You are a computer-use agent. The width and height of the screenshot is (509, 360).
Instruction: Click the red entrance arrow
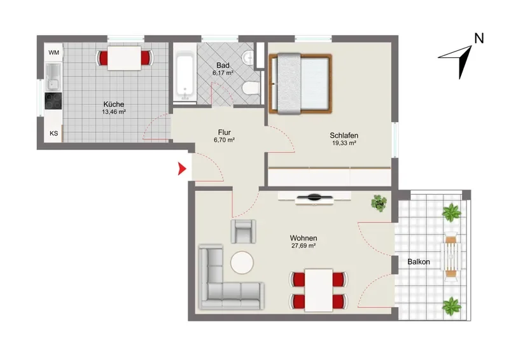point(182,169)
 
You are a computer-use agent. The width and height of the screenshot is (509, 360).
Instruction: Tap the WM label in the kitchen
point(54,52)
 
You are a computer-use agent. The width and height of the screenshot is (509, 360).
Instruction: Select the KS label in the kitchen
point(54,133)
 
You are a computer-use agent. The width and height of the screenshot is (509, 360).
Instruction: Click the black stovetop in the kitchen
point(53,101)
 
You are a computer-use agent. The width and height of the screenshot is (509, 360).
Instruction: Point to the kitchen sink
point(53,76)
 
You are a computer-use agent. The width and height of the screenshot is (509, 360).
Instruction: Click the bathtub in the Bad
point(185,77)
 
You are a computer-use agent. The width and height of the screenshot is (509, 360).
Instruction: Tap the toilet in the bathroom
point(251,88)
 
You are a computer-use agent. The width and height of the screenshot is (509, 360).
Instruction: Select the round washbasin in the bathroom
point(249,58)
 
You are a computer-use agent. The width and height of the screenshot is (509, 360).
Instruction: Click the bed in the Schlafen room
point(300,84)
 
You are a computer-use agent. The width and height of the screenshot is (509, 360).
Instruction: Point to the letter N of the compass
point(479,38)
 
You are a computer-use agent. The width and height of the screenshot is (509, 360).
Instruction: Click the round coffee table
point(242,263)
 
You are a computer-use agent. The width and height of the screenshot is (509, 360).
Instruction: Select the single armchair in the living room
point(244,232)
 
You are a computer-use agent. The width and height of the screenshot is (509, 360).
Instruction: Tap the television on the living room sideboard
point(314,197)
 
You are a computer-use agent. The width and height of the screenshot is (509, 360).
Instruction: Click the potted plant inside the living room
point(379,203)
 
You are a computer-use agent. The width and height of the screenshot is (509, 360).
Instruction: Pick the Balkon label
point(419,261)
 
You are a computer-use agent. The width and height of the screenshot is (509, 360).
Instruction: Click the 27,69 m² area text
point(303,246)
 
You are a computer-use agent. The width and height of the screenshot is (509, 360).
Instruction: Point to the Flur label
point(225,132)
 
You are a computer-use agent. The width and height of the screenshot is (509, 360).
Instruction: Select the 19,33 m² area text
point(344,143)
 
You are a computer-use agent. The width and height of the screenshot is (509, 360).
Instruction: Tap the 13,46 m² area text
point(114,112)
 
